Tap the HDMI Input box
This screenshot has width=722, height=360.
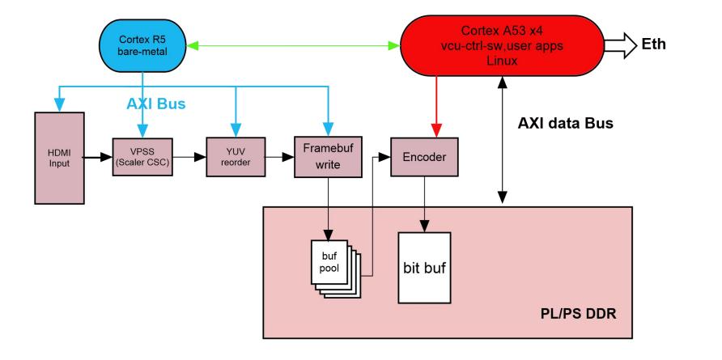click(59, 154)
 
